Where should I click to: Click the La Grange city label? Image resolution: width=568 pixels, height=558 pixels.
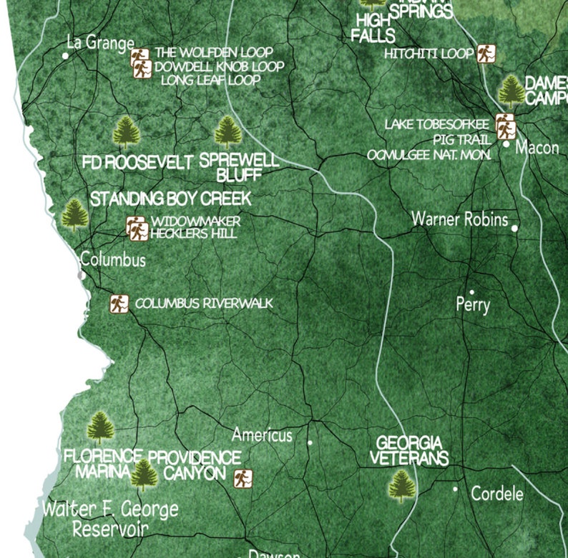(x=100, y=43)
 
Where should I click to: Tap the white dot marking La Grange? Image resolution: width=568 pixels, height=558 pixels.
(x=66, y=55)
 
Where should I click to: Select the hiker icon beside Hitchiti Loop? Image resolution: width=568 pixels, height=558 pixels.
(x=486, y=54)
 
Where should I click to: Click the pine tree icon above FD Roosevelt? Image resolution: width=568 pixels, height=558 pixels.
(x=127, y=132)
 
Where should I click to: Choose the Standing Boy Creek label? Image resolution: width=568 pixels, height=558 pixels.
(x=170, y=199)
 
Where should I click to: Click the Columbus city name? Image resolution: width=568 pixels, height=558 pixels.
(x=113, y=259)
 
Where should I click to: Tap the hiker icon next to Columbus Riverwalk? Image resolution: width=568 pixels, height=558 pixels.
(x=118, y=304)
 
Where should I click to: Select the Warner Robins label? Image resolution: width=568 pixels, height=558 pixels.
(x=459, y=219)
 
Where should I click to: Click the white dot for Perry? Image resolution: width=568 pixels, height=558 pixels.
(x=471, y=292)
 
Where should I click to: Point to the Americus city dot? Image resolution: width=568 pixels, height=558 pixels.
(x=310, y=443)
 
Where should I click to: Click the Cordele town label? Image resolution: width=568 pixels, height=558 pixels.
(x=497, y=494)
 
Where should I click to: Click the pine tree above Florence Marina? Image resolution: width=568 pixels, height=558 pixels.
(x=101, y=428)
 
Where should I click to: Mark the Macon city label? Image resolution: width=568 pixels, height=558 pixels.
(x=537, y=148)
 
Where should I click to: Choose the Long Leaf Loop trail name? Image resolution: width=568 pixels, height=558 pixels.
(x=210, y=81)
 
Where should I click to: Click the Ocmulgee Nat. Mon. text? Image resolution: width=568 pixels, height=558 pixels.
(x=429, y=154)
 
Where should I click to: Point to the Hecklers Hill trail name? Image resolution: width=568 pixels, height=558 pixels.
(x=195, y=234)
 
